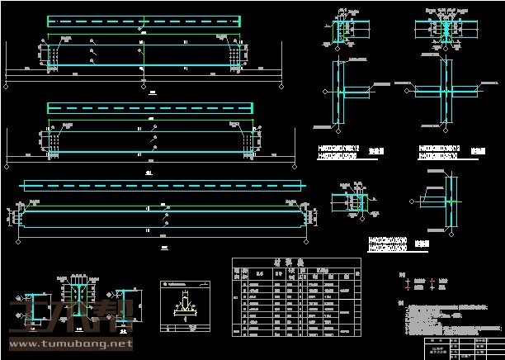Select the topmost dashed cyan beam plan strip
click(144, 21)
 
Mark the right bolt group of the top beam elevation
click(239, 55)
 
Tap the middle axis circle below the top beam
click(144, 83)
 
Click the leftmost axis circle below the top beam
click(7, 83)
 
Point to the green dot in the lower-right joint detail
click(451, 201)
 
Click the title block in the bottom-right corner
click(461, 346)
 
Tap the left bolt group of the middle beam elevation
click(53, 143)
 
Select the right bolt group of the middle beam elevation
click(248, 143)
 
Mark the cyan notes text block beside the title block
click(446, 316)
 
